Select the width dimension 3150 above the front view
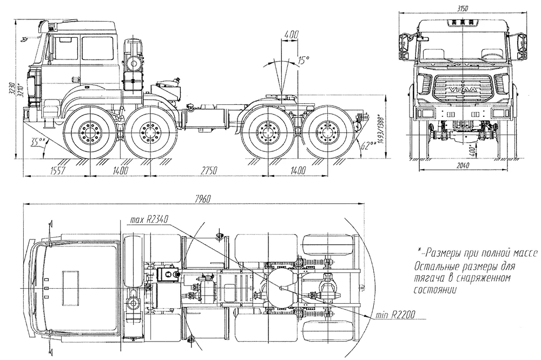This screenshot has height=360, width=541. pyautogui.click(x=461, y=8)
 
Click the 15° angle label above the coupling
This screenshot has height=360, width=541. pyautogui.click(x=303, y=60)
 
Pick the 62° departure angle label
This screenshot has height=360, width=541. pyautogui.click(x=369, y=144)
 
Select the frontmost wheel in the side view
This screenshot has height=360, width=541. pyautogui.click(x=87, y=131)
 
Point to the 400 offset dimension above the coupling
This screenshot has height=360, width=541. pyautogui.click(x=291, y=35)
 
